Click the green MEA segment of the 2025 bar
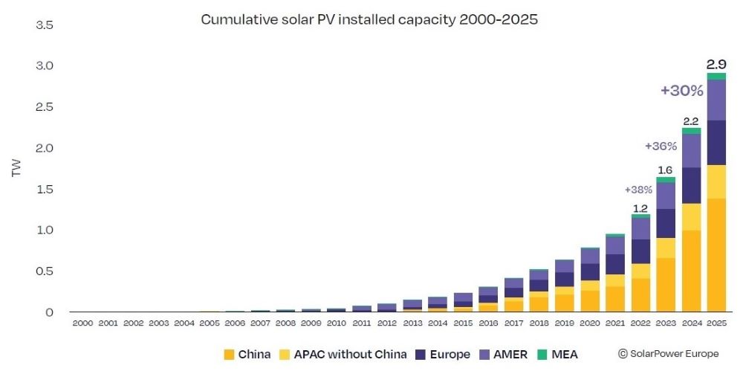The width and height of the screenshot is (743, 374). point(716,77)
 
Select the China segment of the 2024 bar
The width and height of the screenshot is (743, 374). point(691,271)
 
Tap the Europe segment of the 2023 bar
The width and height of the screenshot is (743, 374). point(666,223)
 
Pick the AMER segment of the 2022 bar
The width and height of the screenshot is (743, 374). point(640,228)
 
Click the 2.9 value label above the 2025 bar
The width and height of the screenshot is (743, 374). point(716,65)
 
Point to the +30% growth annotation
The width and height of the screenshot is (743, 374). point(682,90)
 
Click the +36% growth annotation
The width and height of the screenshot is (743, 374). point(661,146)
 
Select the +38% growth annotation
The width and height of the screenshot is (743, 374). point(638,190)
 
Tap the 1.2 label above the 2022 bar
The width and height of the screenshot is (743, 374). point(640,208)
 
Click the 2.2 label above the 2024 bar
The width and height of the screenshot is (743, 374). point(691,121)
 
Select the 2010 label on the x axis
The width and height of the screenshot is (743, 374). point(336,323)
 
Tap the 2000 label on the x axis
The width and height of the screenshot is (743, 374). point(82,323)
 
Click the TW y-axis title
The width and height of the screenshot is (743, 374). point(16,168)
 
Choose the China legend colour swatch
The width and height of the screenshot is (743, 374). point(229,354)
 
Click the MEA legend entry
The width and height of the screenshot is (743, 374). point(558,354)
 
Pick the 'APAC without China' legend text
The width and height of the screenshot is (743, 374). point(350,354)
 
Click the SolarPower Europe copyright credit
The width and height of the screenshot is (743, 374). point(668,354)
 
